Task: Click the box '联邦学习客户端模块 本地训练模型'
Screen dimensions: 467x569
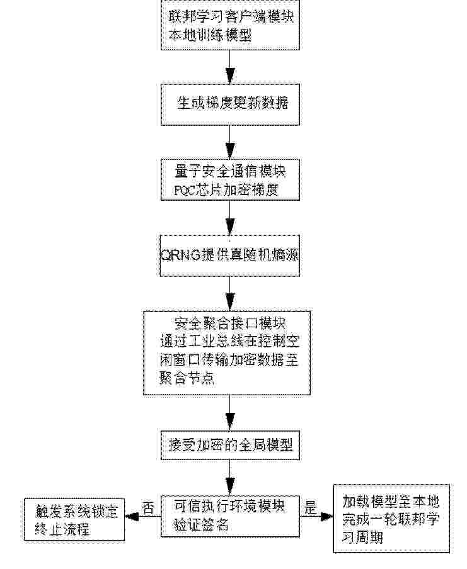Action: point(230,25)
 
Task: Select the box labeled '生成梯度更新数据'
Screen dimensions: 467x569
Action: point(230,104)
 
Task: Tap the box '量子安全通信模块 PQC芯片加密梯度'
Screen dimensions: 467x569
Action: point(230,179)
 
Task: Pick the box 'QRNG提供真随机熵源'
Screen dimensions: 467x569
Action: point(229,256)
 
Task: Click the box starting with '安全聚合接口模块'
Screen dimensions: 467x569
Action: point(227,352)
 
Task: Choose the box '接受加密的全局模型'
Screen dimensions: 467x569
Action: point(230,445)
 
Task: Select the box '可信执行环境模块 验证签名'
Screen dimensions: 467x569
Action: point(230,516)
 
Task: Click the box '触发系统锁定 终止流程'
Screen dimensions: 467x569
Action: point(74,520)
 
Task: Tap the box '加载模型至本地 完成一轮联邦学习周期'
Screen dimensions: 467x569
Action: point(391,519)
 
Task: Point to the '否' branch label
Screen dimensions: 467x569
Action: point(148,508)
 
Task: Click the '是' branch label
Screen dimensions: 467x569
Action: point(310,507)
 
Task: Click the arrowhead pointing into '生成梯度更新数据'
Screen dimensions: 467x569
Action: point(229,76)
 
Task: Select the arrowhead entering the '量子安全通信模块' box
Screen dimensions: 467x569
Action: point(229,151)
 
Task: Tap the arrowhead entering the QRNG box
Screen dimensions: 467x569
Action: point(229,227)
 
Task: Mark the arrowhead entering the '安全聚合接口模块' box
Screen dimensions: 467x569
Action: point(229,302)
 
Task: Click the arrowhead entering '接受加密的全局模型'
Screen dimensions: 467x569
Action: point(229,422)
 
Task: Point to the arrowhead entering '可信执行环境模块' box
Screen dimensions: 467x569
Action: point(229,487)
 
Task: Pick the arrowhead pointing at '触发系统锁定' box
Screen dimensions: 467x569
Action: point(132,516)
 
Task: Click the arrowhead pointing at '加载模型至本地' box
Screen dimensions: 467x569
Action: point(326,516)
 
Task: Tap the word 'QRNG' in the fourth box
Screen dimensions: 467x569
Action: point(181,255)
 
